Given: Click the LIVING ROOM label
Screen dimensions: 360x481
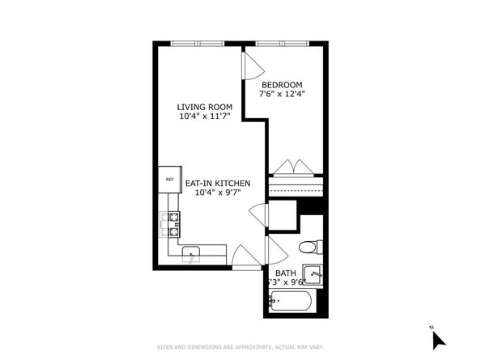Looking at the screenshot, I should pos(206,106).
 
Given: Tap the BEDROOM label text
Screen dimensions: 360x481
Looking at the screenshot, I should pos(281,84).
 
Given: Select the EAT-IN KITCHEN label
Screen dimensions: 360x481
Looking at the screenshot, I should pos(218,184).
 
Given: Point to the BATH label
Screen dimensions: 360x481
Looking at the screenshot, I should pos(285,273).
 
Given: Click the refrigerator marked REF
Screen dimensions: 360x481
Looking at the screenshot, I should pos(169,180).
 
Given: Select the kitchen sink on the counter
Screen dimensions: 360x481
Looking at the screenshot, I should pos(192,253).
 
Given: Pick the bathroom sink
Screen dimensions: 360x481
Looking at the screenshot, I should pos(314,275).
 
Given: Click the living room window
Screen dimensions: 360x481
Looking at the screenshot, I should pos(197,44).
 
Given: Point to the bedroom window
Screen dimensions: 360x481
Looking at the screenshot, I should pos(281,44).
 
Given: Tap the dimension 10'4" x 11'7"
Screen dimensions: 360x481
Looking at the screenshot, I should pos(206,116).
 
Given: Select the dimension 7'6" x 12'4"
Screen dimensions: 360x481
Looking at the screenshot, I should pos(281,94).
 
